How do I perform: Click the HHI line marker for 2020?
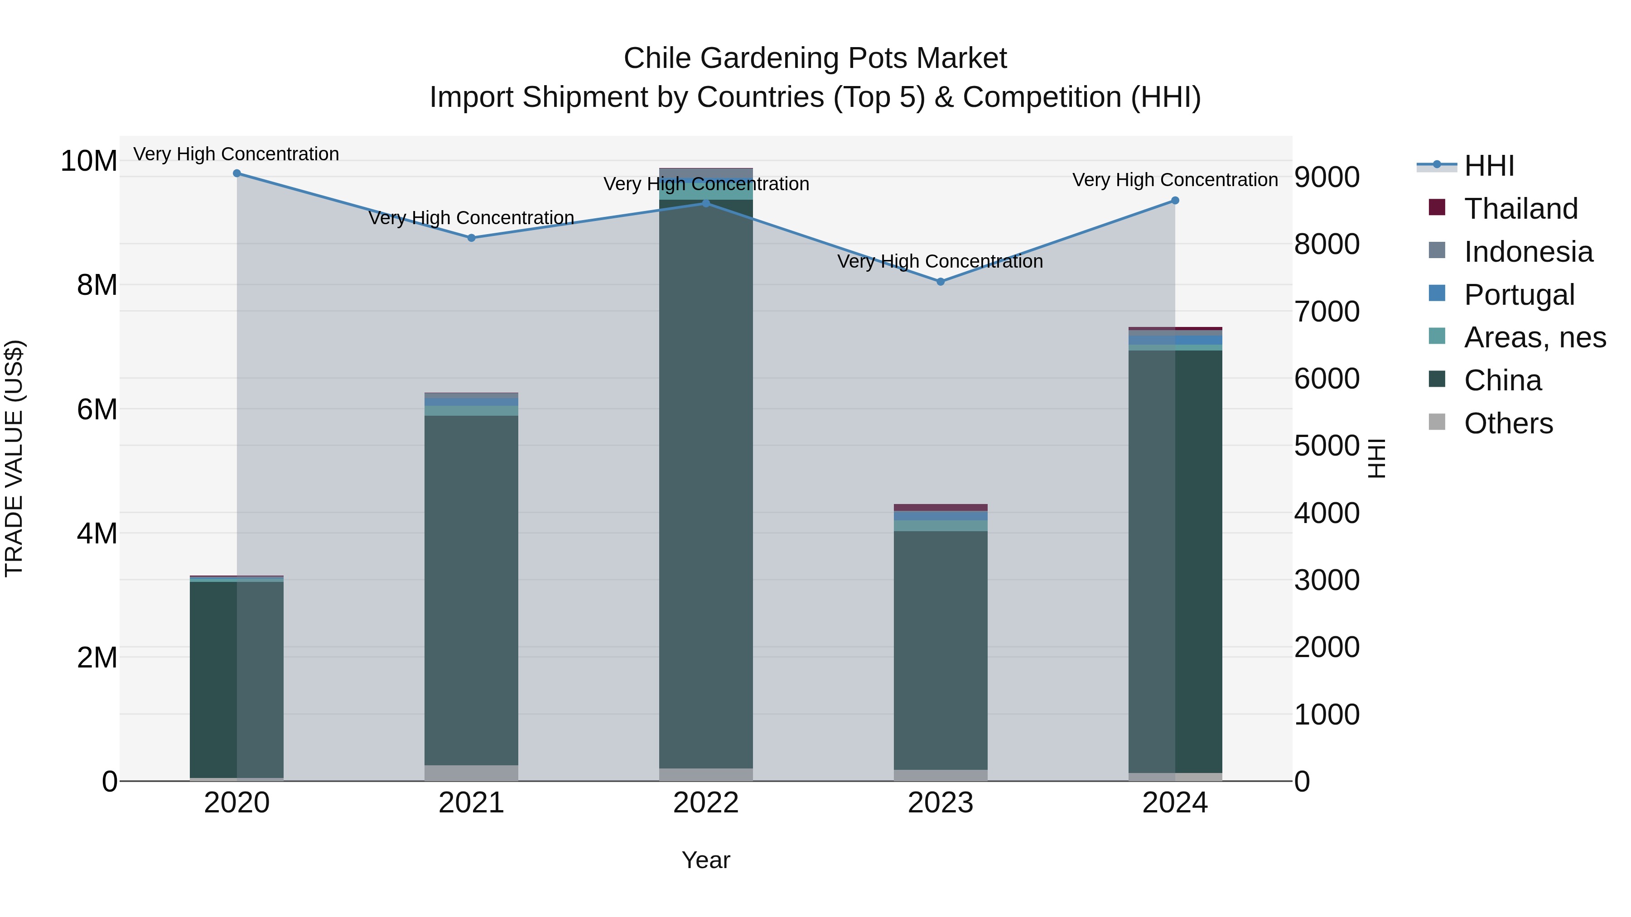237,173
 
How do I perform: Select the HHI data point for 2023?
940,282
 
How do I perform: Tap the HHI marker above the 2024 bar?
1175,201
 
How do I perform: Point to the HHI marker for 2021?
471,238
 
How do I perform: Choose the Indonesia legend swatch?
1437,250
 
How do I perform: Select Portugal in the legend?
1519,295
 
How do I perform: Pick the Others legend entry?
1508,423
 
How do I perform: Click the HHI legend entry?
1489,166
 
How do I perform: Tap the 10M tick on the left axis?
89,161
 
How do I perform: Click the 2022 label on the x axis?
706,803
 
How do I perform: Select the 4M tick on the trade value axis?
97,533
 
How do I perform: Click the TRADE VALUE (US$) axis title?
14,458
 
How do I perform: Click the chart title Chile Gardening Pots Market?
815,58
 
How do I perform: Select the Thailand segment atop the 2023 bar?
940,508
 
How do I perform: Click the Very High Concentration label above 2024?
1175,180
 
